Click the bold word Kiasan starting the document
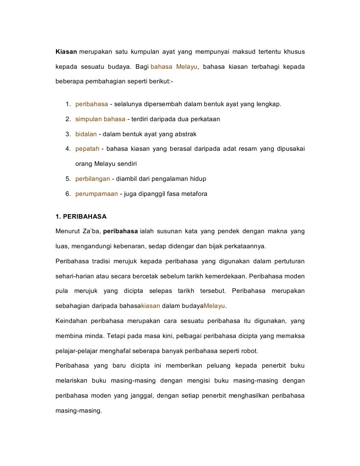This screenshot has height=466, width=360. coord(66,52)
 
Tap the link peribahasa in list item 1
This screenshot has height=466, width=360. coord(91,104)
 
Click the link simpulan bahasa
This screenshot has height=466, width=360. coord(100,119)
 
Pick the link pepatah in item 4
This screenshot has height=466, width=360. coord(87,149)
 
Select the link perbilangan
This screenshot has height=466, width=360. coord(92,179)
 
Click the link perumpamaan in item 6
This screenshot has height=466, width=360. coord(96,194)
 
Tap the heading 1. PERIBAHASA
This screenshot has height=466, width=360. coord(81,216)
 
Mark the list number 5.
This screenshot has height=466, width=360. coord(67,179)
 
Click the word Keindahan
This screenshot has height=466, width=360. coord(71,321)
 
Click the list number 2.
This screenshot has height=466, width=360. coord(67,119)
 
